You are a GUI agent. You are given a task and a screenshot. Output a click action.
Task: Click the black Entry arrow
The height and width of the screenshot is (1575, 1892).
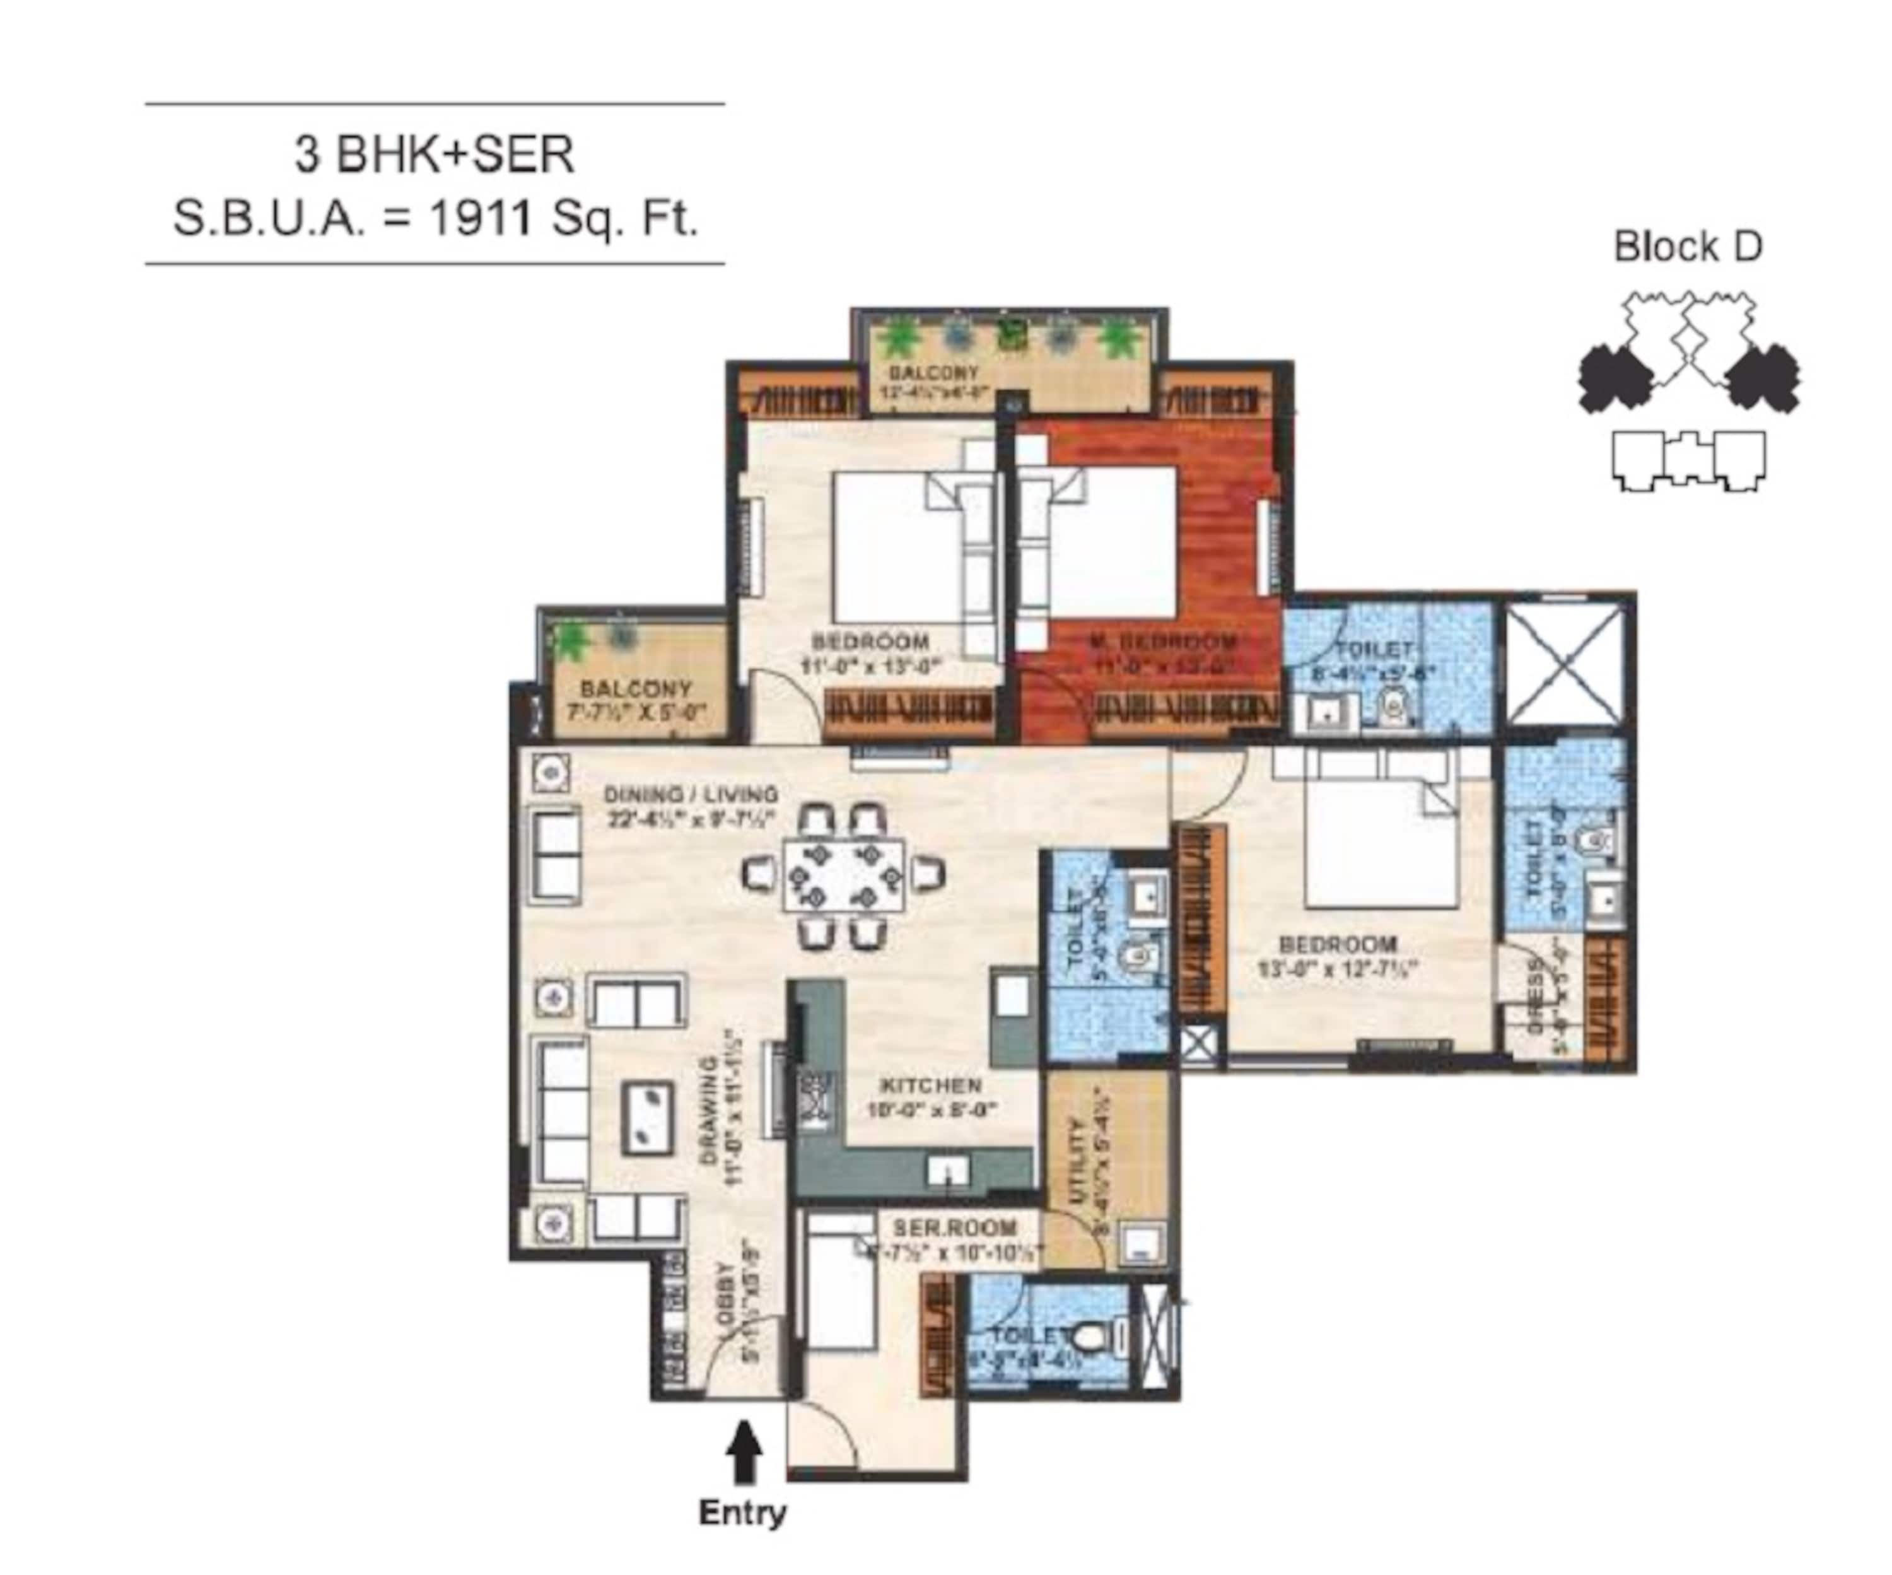pos(744,1451)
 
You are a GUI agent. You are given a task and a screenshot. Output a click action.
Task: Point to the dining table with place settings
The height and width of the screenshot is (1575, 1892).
pos(843,875)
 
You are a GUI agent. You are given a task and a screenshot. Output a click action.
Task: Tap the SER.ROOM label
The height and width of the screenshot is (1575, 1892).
pos(954,1228)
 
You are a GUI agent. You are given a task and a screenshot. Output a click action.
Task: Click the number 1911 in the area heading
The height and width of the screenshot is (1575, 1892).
pos(479,218)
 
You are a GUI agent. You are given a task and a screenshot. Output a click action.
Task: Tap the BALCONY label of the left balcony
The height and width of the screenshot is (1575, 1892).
pos(636,688)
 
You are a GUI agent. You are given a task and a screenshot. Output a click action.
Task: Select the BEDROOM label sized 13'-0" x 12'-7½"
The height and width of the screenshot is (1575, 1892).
pos(1338,944)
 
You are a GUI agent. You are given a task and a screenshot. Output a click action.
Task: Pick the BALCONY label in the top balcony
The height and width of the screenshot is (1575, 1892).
pos(933,373)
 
